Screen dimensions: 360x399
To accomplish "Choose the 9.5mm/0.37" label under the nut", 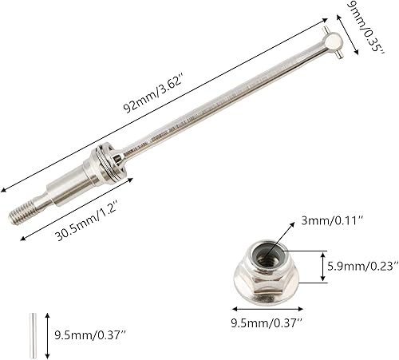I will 266,326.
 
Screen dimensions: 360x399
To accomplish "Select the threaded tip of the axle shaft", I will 26,211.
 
